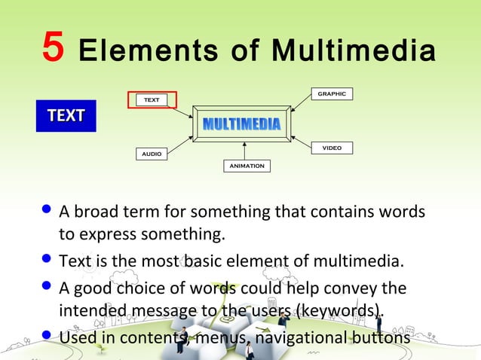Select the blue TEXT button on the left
(66, 116)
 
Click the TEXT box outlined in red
(152, 99)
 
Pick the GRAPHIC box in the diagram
(331, 94)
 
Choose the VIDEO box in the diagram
(332, 148)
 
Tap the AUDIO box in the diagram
(152, 154)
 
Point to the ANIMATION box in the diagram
(247, 166)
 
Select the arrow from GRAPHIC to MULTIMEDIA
(301, 105)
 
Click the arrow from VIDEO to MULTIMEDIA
(301, 141)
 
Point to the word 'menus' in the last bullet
(219, 336)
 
